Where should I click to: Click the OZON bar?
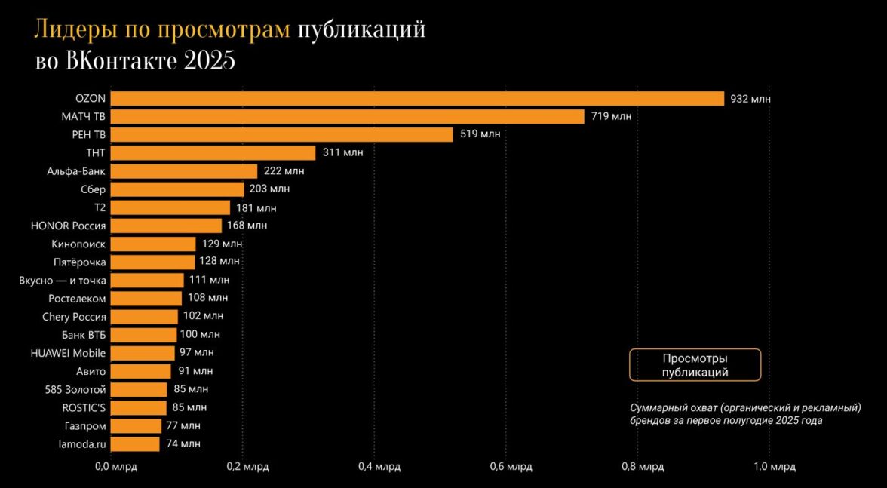417,99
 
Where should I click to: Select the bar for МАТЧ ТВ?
348,117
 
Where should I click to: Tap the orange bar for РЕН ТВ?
282,135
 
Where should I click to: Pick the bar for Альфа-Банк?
184,171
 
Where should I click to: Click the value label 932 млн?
750,99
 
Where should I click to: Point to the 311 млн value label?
342,153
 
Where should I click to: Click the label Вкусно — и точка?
63,281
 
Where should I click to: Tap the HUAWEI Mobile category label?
68,353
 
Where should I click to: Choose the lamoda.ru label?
82,444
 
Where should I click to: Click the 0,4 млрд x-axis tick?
374,468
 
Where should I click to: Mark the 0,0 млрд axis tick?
111,468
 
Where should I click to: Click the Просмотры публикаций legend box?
695,365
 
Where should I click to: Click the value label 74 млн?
183,444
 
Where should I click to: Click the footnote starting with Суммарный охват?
745,414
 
